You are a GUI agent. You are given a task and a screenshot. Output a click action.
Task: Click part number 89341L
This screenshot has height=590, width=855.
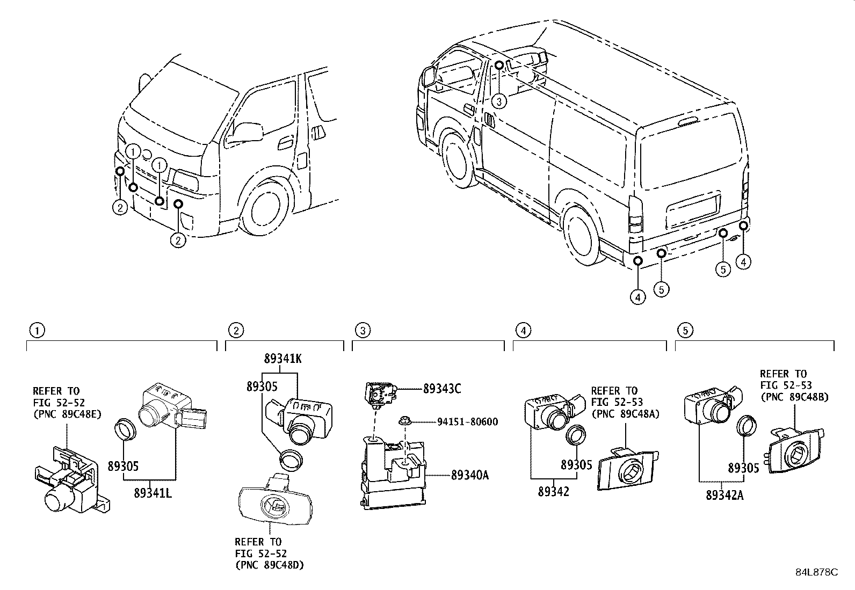154,493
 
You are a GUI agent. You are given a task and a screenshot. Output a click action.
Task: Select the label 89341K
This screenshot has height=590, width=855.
282,359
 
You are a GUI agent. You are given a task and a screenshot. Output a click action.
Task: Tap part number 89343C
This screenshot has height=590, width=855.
442,388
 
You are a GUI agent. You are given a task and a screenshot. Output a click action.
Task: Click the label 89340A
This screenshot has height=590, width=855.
469,475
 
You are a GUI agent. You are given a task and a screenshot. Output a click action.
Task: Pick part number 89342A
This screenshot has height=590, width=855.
724,495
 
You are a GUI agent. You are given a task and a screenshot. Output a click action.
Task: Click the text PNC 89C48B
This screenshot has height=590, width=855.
794,397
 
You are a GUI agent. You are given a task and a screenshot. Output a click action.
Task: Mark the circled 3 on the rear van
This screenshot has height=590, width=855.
499,101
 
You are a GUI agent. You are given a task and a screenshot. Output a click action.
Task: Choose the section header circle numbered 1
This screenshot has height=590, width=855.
37,330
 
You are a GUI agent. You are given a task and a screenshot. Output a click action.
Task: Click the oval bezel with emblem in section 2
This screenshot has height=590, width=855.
274,502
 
